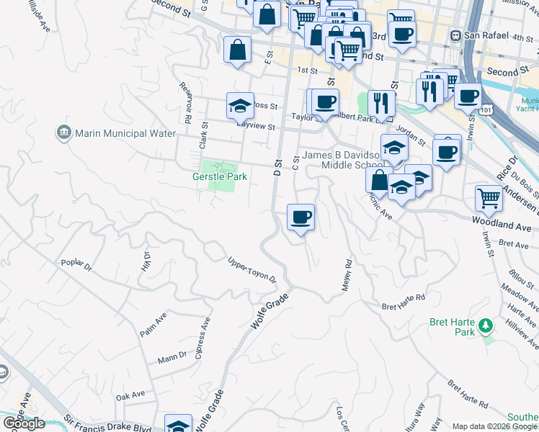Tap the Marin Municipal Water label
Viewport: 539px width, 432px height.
click(125, 133)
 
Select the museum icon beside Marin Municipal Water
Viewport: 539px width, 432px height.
click(63, 133)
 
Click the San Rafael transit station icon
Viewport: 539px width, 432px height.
click(455, 36)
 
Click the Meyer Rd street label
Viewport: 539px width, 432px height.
click(346, 276)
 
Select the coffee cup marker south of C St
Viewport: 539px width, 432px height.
click(300, 217)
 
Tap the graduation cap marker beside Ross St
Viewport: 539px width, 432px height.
click(240, 107)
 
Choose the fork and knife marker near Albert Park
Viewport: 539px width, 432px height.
click(381, 103)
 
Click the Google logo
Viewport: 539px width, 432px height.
click(23, 423)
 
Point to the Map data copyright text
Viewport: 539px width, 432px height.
click(494, 426)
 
